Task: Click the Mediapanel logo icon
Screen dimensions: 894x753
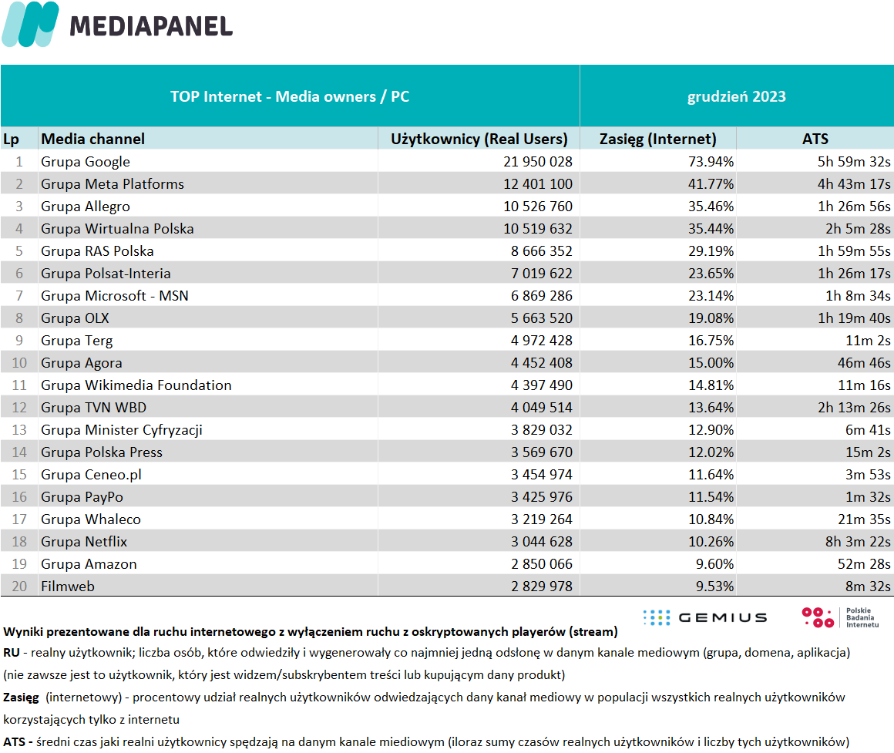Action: tap(30, 24)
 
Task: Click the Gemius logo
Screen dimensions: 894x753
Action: tap(705, 617)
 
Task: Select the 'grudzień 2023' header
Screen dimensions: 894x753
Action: tap(737, 96)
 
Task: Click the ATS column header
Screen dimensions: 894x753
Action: tap(815, 139)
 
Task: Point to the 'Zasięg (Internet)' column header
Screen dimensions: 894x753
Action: tap(658, 139)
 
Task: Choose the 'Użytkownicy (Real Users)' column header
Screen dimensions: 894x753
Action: tap(479, 139)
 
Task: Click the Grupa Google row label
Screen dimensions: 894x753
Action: tap(86, 162)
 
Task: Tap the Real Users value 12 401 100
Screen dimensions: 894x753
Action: tap(538, 184)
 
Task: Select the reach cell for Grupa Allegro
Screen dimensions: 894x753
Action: tap(711, 207)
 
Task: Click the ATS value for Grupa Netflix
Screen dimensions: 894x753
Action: tap(858, 542)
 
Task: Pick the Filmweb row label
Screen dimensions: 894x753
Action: tap(68, 586)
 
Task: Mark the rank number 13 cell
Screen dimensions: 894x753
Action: tap(19, 430)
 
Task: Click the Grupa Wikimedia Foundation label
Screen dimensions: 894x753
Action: tap(136, 385)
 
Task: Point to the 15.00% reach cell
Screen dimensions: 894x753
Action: tap(711, 362)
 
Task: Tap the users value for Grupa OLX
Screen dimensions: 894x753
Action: tap(542, 318)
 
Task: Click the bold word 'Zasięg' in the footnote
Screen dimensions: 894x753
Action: tap(21, 698)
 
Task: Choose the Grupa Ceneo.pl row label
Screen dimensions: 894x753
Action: tap(91, 475)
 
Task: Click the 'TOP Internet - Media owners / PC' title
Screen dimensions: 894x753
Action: tap(290, 96)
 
